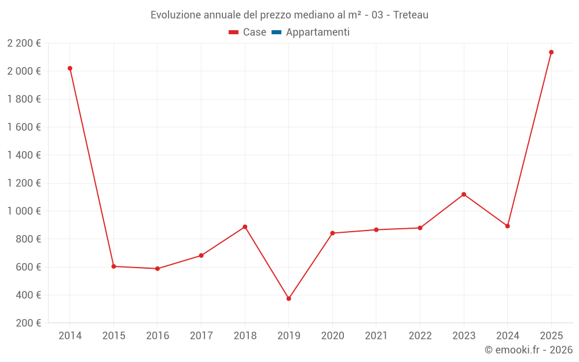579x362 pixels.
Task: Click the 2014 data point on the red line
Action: pos(70,68)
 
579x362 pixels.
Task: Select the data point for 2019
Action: pos(289,299)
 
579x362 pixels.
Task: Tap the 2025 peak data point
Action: pos(551,52)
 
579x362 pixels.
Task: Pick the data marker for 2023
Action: pos(464,195)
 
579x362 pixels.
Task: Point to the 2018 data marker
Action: pos(245,227)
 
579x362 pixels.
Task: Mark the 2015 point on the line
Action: pos(113,266)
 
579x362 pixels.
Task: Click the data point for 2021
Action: pos(376,230)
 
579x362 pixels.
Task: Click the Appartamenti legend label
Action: pos(317,32)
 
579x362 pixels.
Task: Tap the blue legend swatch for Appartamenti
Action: pos(276,32)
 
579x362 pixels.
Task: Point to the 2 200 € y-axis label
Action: pos(24,43)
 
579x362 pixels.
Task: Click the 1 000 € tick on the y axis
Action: pos(24,211)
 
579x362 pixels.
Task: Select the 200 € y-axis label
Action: pos(28,323)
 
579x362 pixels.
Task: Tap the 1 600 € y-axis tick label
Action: pos(24,127)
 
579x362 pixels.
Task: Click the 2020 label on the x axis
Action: pos(332,336)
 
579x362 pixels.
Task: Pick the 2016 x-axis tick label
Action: pos(157,336)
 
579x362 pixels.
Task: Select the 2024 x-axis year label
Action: pos(507,336)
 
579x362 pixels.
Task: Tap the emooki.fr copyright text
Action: pos(529,350)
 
